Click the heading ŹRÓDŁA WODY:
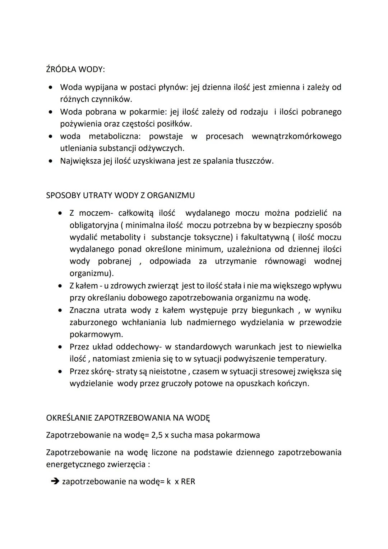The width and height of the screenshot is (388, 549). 75,69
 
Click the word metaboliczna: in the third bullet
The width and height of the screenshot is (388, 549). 115,136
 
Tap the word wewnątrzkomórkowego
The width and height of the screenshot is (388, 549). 296,136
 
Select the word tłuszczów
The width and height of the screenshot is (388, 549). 254,161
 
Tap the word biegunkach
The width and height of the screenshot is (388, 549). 273,310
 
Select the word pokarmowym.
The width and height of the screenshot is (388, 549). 96,334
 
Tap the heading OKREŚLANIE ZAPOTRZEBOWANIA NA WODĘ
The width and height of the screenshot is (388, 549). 128,418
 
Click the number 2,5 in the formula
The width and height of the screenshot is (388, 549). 157,435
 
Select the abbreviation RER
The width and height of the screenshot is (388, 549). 188,481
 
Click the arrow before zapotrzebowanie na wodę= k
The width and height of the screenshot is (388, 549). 55,481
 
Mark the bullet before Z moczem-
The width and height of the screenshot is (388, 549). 60,213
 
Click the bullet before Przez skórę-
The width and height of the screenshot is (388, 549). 60,371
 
